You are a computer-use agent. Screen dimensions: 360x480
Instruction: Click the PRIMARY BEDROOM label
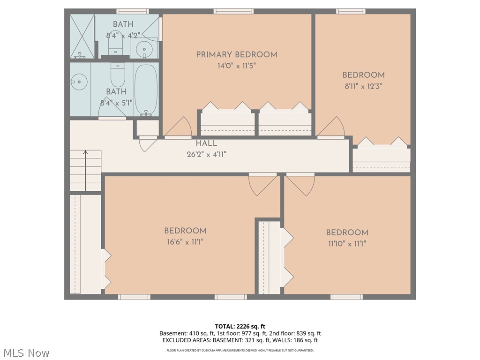[x=236, y=55]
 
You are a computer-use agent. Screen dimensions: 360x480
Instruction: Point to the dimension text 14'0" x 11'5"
[x=236, y=66]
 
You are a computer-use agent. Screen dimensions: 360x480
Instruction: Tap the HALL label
[x=206, y=143]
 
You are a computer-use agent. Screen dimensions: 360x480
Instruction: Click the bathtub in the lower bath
[x=146, y=90]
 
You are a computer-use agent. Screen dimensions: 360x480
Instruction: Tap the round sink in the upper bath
[x=143, y=48]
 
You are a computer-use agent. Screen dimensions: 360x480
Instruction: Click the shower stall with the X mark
[x=82, y=37]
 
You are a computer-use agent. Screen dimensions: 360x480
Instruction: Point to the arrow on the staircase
[x=85, y=152]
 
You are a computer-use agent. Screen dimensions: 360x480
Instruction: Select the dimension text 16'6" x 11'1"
[x=185, y=242]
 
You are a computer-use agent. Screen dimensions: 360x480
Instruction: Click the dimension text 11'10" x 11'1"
[x=347, y=244]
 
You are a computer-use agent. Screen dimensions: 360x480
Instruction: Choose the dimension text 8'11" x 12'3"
[x=363, y=86]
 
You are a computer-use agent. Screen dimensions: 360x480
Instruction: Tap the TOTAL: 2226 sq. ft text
[x=240, y=326]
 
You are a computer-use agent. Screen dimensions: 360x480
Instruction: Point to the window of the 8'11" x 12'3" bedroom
[x=350, y=11]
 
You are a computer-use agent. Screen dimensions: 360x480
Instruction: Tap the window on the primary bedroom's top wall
[x=233, y=11]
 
